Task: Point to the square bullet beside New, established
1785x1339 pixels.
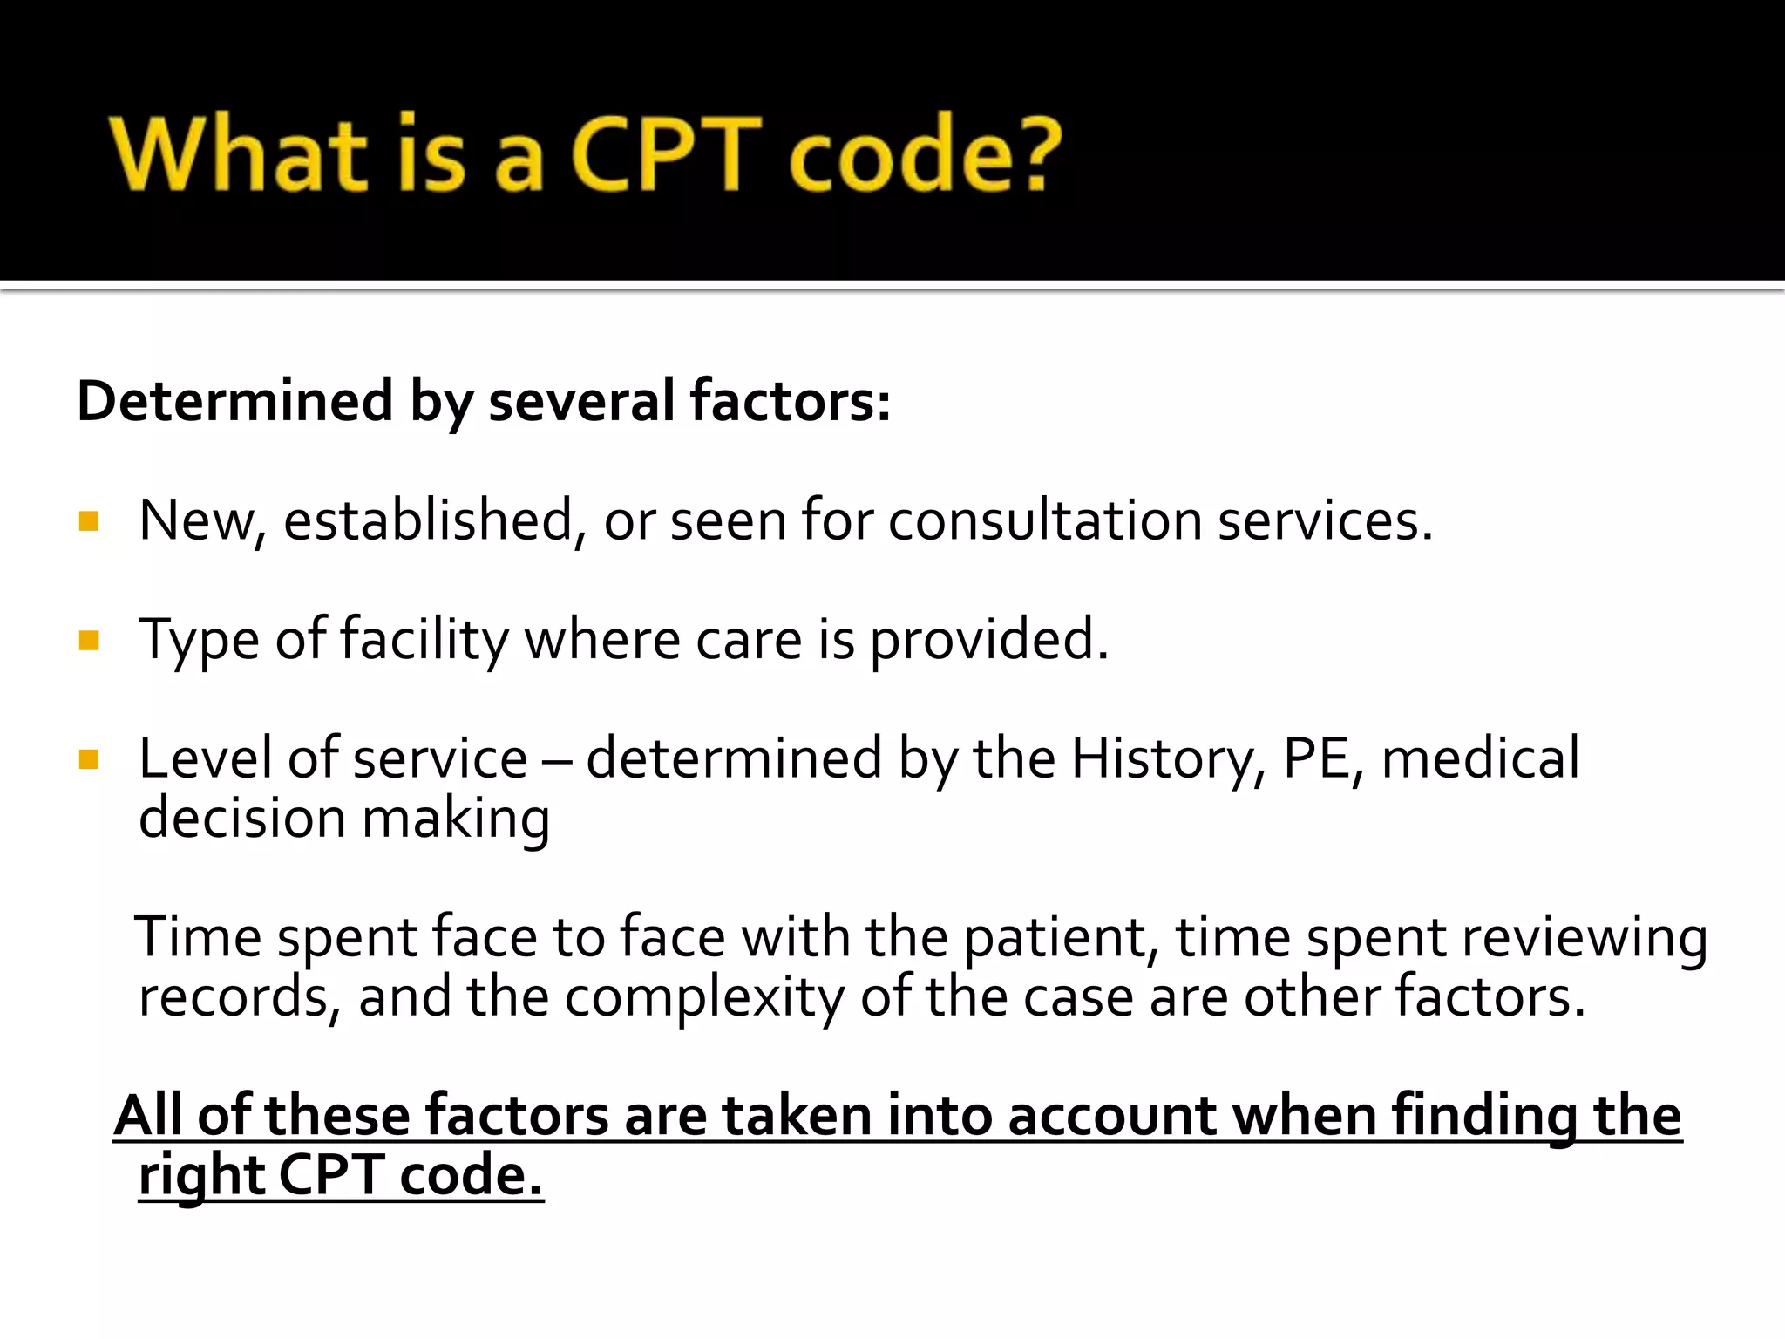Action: [x=89, y=521]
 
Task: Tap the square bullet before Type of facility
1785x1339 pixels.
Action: [x=89, y=641]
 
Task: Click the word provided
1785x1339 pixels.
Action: [x=988, y=641]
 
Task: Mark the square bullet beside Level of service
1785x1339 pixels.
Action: [x=89, y=759]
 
